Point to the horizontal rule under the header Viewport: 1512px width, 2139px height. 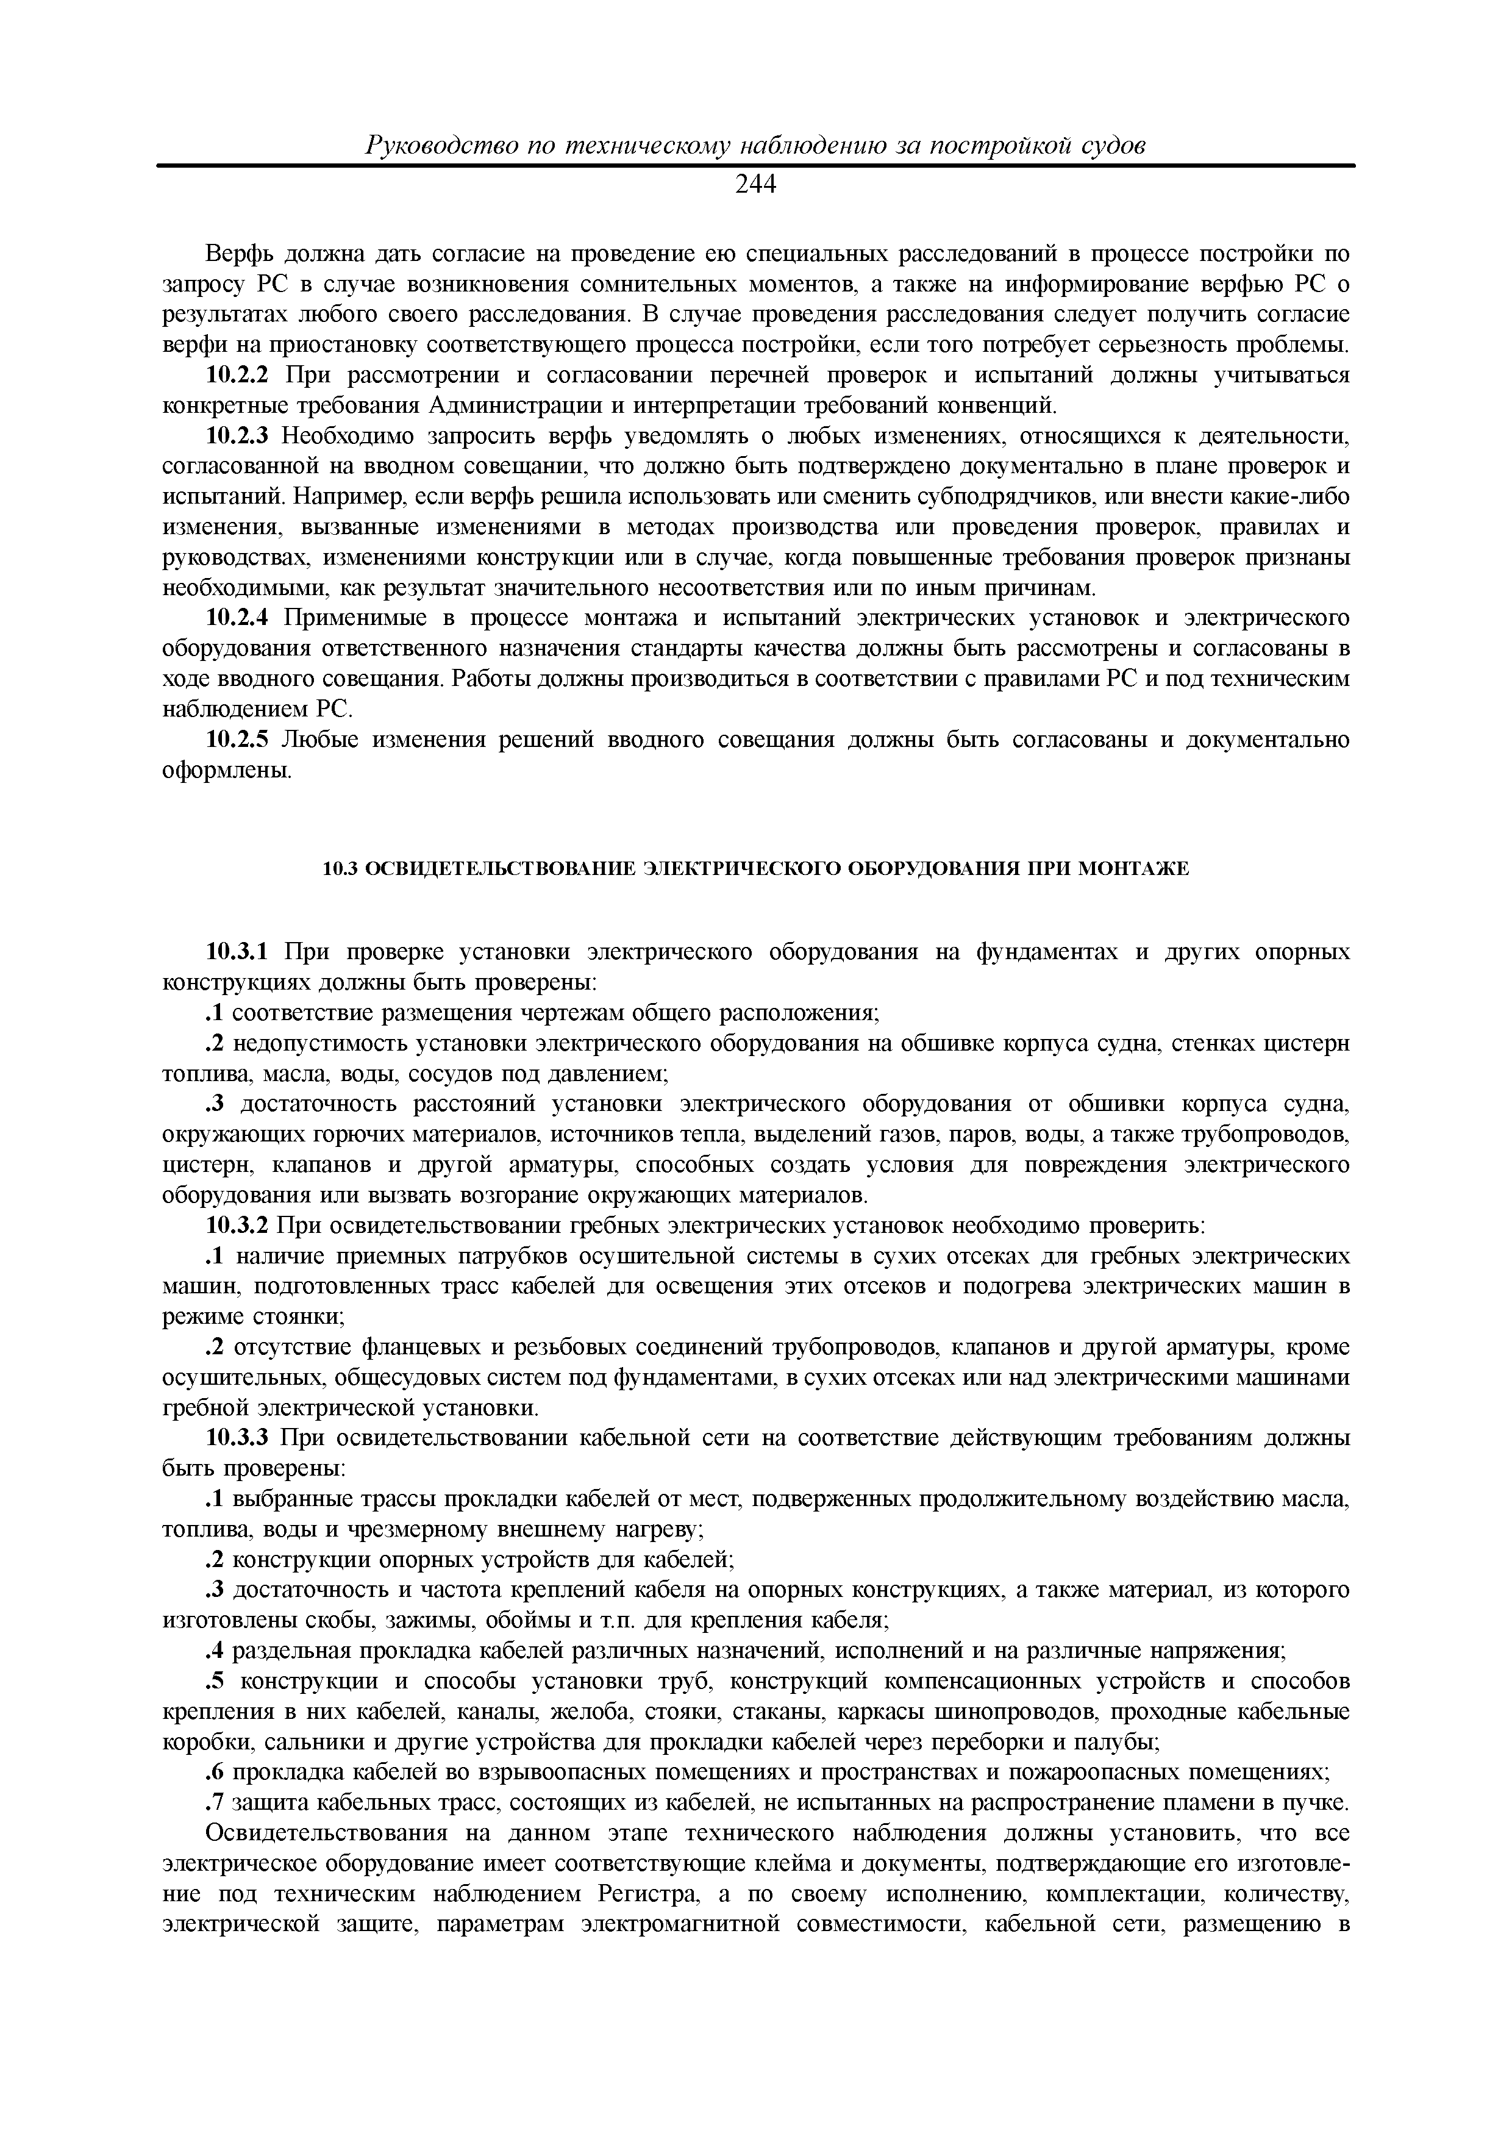(755, 166)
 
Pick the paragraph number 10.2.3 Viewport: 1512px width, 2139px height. (236, 436)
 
